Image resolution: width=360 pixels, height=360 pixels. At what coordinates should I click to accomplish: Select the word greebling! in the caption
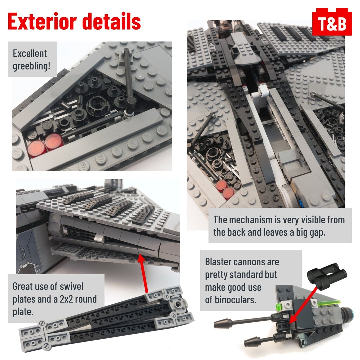31,66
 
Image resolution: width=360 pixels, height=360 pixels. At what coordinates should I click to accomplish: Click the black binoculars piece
327,275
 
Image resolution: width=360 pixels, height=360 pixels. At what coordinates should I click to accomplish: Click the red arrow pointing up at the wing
143,273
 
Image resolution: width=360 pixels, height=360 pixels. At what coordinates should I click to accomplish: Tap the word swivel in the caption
71,286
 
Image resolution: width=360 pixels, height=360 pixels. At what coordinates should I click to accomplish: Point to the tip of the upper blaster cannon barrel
215,325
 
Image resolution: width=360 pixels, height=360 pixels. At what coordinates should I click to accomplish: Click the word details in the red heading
112,21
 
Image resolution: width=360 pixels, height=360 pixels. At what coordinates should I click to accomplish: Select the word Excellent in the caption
30,53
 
